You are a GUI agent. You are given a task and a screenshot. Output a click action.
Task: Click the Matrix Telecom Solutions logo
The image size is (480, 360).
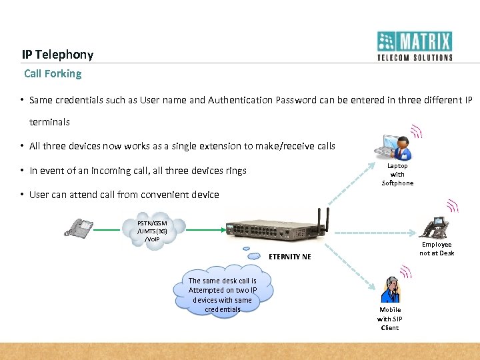(414, 46)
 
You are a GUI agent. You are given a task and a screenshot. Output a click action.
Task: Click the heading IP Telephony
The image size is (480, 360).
(57, 55)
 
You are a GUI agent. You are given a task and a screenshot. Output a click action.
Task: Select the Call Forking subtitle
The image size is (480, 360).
(53, 73)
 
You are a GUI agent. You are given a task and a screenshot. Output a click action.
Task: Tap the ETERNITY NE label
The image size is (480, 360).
(290, 257)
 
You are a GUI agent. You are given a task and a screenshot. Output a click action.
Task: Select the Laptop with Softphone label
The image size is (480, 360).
(397, 174)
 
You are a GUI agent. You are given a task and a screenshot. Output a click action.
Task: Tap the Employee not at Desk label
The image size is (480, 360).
(437, 249)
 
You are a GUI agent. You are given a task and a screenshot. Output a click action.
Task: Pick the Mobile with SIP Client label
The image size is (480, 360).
(390, 318)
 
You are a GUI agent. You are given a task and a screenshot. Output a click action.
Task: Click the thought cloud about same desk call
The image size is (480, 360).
(222, 294)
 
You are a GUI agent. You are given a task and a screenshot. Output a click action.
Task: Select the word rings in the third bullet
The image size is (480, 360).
(235, 171)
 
